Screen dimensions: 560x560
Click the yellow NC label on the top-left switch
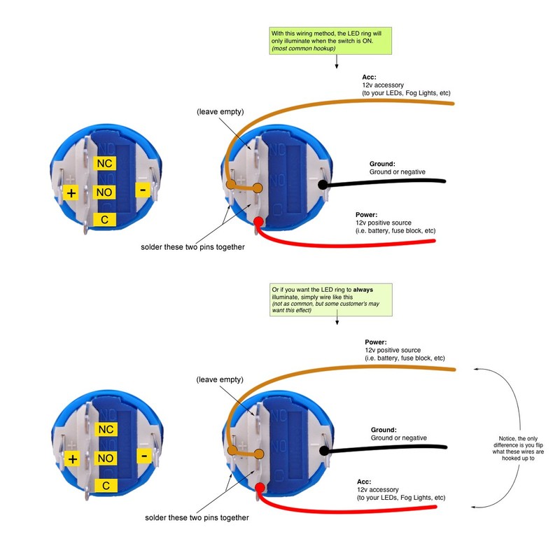(x=104, y=163)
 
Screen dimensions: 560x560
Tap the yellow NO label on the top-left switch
(x=104, y=192)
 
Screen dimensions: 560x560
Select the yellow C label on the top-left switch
(x=104, y=219)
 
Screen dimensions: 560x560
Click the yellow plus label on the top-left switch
(x=71, y=193)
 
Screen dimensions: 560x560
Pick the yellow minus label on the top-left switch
(x=143, y=190)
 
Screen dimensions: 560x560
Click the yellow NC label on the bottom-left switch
(x=106, y=429)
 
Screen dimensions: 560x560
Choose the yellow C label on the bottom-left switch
(x=106, y=485)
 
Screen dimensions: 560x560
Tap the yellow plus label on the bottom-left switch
(x=73, y=459)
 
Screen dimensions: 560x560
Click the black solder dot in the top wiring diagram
(x=323, y=185)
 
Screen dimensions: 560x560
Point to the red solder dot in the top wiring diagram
(x=258, y=222)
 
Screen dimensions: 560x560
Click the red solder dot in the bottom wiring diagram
(x=260, y=487)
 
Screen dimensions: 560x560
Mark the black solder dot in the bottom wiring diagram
(x=324, y=451)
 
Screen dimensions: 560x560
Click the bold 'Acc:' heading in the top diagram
(x=370, y=77)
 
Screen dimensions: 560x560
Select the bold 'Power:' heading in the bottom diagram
(x=376, y=342)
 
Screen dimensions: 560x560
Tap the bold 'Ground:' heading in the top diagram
(x=382, y=164)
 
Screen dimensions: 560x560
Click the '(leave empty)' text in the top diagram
(x=220, y=112)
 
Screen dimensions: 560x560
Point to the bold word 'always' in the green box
(x=363, y=290)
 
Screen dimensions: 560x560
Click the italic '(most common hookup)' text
(x=304, y=48)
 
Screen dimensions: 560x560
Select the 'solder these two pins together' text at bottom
(x=197, y=517)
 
